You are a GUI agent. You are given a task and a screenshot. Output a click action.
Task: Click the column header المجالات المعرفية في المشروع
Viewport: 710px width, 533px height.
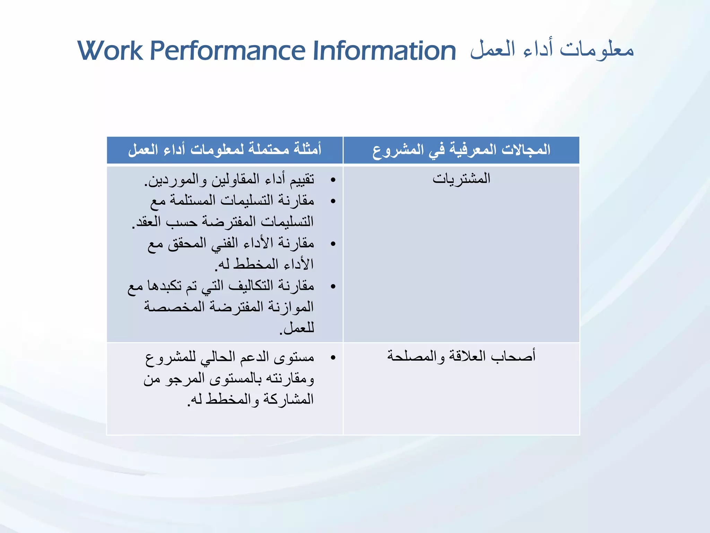click(461, 150)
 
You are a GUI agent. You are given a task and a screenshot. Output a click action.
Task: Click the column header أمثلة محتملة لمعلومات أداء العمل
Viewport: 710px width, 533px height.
click(225, 150)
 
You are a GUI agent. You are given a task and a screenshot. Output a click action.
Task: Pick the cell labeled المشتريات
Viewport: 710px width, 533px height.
click(461, 179)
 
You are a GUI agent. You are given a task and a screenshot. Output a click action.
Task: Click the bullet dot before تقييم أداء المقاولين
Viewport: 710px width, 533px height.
click(333, 180)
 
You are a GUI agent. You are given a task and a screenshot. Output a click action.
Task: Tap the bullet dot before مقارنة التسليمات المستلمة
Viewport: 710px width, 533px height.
click(333, 201)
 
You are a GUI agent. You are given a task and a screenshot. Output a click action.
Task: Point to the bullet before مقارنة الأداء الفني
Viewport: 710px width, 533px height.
click(333, 244)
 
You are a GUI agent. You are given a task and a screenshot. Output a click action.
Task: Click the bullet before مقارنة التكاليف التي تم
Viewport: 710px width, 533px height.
click(333, 287)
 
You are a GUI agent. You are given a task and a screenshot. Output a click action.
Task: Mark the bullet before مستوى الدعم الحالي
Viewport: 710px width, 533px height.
click(333, 357)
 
